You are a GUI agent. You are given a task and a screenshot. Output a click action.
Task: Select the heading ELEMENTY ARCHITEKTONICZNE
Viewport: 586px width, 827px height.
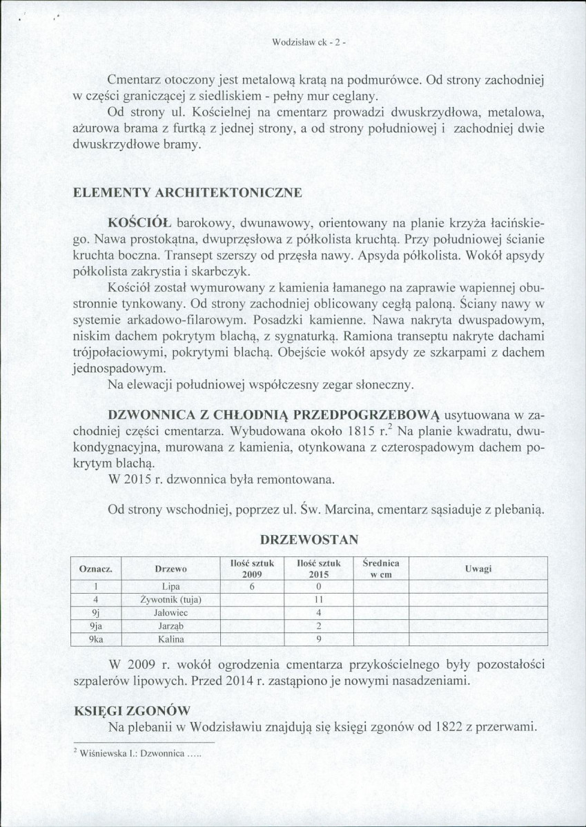coord(187,193)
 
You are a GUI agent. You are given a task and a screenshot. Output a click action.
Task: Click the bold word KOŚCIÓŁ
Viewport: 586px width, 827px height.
coord(140,224)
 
